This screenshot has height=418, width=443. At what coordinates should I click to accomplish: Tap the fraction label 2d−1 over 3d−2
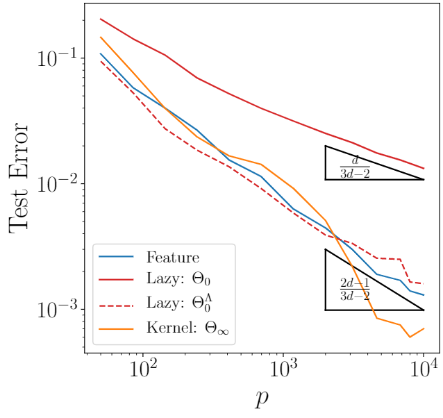pos(354,289)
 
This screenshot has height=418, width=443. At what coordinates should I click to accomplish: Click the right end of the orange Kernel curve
pos(424,328)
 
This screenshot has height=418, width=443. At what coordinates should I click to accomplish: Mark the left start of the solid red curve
pos(101,19)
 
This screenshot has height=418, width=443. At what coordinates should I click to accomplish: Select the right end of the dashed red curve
pos(424,284)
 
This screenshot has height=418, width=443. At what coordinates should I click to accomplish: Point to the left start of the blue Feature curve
pos(101,53)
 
